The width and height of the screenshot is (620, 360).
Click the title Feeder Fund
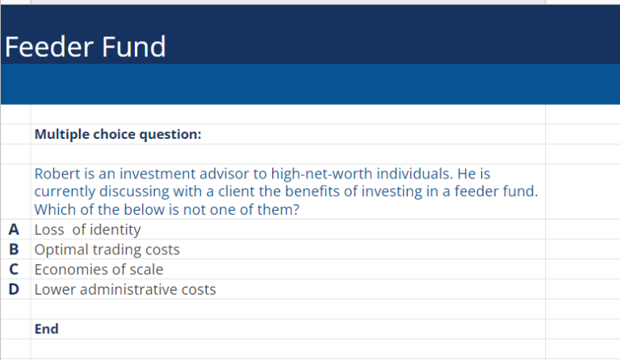coord(85,47)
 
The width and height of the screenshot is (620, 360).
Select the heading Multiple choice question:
coord(117,135)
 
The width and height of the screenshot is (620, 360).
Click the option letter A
coord(14,230)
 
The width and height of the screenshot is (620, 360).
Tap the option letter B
coord(14,249)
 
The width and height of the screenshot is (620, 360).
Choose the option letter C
coord(14,270)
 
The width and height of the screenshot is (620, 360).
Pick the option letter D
coord(14,289)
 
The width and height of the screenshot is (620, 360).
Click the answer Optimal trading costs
coord(107,249)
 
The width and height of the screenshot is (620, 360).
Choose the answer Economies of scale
coord(98,270)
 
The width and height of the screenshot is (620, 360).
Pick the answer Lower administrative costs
coord(125,289)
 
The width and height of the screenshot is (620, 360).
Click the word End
coord(46,329)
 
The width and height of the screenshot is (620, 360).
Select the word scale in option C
coord(145,270)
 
